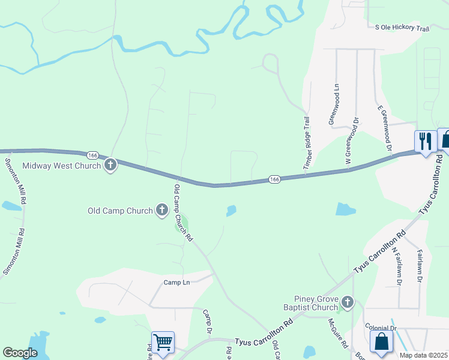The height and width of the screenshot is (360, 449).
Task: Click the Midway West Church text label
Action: [61, 166]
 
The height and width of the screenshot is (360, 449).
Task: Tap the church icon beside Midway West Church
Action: [110, 165]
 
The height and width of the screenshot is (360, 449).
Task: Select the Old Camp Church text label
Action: [121, 211]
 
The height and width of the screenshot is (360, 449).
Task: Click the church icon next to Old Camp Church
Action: [161, 210]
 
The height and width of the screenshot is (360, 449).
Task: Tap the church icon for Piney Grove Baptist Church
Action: [348, 301]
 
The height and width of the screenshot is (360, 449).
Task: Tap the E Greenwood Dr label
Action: [385, 128]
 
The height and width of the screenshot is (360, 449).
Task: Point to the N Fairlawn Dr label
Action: [397, 265]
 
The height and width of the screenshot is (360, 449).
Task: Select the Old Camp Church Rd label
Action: [183, 212]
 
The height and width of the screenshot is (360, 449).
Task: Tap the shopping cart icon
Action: [163, 343]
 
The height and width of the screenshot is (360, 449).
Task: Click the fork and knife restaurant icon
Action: [426, 142]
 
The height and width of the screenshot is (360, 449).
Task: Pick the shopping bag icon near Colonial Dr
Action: [381, 343]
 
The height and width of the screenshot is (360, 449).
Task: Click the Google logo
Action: [20, 353]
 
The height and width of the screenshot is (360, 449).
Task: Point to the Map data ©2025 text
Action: [423, 355]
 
